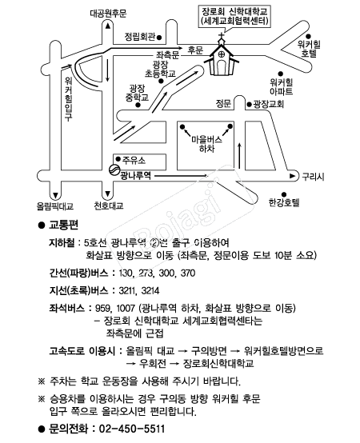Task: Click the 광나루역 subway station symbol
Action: pyautogui.click(x=114, y=170)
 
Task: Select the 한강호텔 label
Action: pyautogui.click(x=284, y=202)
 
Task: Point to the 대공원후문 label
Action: pyautogui.click(x=108, y=14)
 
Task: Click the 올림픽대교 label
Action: pyautogui.click(x=55, y=206)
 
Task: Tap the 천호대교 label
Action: pyautogui.click(x=109, y=206)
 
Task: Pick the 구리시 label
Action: pyautogui.click(x=313, y=177)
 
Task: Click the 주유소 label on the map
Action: pyautogui.click(x=134, y=160)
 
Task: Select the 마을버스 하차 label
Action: pyautogui.click(x=207, y=144)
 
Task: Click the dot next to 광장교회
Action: pyautogui.click(x=250, y=105)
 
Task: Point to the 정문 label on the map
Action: pyautogui.click(x=223, y=103)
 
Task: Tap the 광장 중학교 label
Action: pyautogui.click(x=137, y=94)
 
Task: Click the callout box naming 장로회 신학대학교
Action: pyautogui.click(x=234, y=16)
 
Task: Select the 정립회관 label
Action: pyautogui.click(x=140, y=37)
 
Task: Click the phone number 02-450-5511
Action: pyautogui.click(x=132, y=429)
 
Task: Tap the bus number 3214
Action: pyautogui.click(x=150, y=290)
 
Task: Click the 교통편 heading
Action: pyautogui.click(x=63, y=225)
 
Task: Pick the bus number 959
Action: pyautogui.click(x=104, y=308)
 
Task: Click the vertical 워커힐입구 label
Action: pyautogui.click(x=68, y=98)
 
